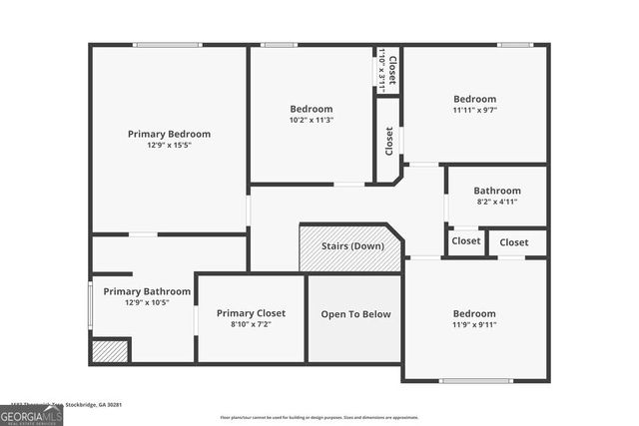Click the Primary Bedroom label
coord(169,134)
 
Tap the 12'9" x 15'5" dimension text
coord(169,145)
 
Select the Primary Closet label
coord(251,313)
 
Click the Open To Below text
coord(355,314)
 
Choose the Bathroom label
coord(497,191)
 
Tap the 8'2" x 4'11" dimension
coord(497,202)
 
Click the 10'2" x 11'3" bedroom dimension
coord(312,120)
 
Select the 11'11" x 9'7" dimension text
coord(475,110)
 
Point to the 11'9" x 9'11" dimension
coord(475,323)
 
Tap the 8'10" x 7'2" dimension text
coord(251,324)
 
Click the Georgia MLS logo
coord(31,415)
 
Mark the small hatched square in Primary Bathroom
coord(110,351)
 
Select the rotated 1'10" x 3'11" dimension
coord(382,70)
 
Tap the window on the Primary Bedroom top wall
coord(168,45)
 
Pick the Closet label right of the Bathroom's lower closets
coord(514,242)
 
